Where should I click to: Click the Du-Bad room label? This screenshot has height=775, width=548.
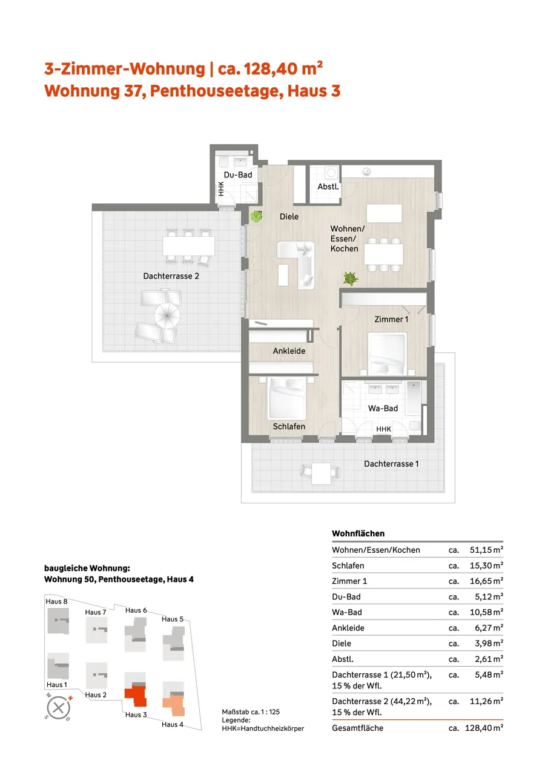pos(238,175)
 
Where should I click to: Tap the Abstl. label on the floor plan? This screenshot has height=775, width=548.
pos(328,187)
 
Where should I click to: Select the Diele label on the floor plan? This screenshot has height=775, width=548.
pos(289,217)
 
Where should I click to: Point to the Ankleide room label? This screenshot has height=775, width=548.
pos(289,351)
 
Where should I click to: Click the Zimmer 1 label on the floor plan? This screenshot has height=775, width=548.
pos(391,319)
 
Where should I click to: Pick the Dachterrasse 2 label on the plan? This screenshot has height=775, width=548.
pos(171,276)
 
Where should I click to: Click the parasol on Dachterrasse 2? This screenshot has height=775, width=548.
pos(167,315)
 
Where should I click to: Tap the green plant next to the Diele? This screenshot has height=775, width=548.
pos(256,217)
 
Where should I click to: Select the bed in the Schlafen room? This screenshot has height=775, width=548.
pos(287,398)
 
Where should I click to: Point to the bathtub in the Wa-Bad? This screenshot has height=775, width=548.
pos(414,398)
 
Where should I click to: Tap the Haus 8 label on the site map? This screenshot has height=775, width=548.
pos(56,601)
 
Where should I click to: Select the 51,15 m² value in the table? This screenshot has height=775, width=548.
pos(486,550)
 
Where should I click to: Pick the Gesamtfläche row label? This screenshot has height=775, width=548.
pos(357,728)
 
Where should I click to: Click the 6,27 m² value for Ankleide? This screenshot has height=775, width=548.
pos(489,628)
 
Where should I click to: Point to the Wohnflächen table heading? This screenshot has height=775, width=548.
pos(358,533)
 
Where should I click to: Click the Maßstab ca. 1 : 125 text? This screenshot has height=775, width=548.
pos(251,711)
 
